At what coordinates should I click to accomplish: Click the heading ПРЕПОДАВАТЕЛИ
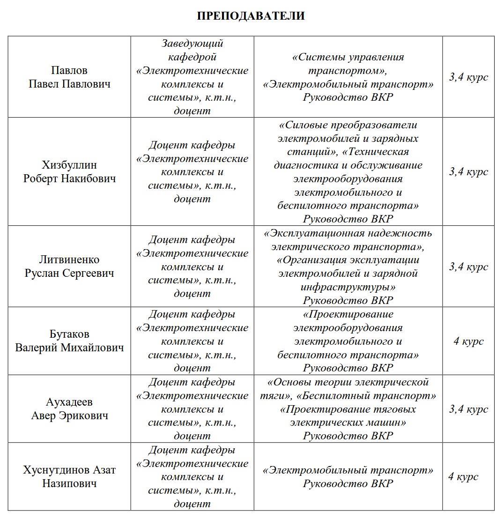pyautogui.click(x=251, y=16)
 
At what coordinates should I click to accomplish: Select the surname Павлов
pyautogui.click(x=69, y=70)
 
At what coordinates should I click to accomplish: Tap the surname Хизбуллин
pyautogui.click(x=69, y=165)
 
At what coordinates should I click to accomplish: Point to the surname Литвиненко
pyautogui.click(x=69, y=259)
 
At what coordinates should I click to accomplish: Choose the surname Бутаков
pyautogui.click(x=69, y=334)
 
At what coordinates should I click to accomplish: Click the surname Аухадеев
pyautogui.click(x=69, y=402)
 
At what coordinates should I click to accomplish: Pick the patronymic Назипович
pyautogui.click(x=69, y=483)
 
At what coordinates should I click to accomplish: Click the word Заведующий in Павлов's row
pyautogui.click(x=192, y=44)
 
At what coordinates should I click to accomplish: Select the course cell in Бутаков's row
pyautogui.click(x=468, y=341)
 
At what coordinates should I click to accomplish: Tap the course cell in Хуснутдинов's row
pyautogui.click(x=463, y=476)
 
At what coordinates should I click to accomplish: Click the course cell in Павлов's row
pyautogui.click(x=468, y=77)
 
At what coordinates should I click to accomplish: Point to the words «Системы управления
pyautogui.click(x=348, y=57)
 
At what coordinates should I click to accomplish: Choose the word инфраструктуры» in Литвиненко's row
pyautogui.click(x=348, y=287)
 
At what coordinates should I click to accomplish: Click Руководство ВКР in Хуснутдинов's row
pyautogui.click(x=348, y=483)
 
